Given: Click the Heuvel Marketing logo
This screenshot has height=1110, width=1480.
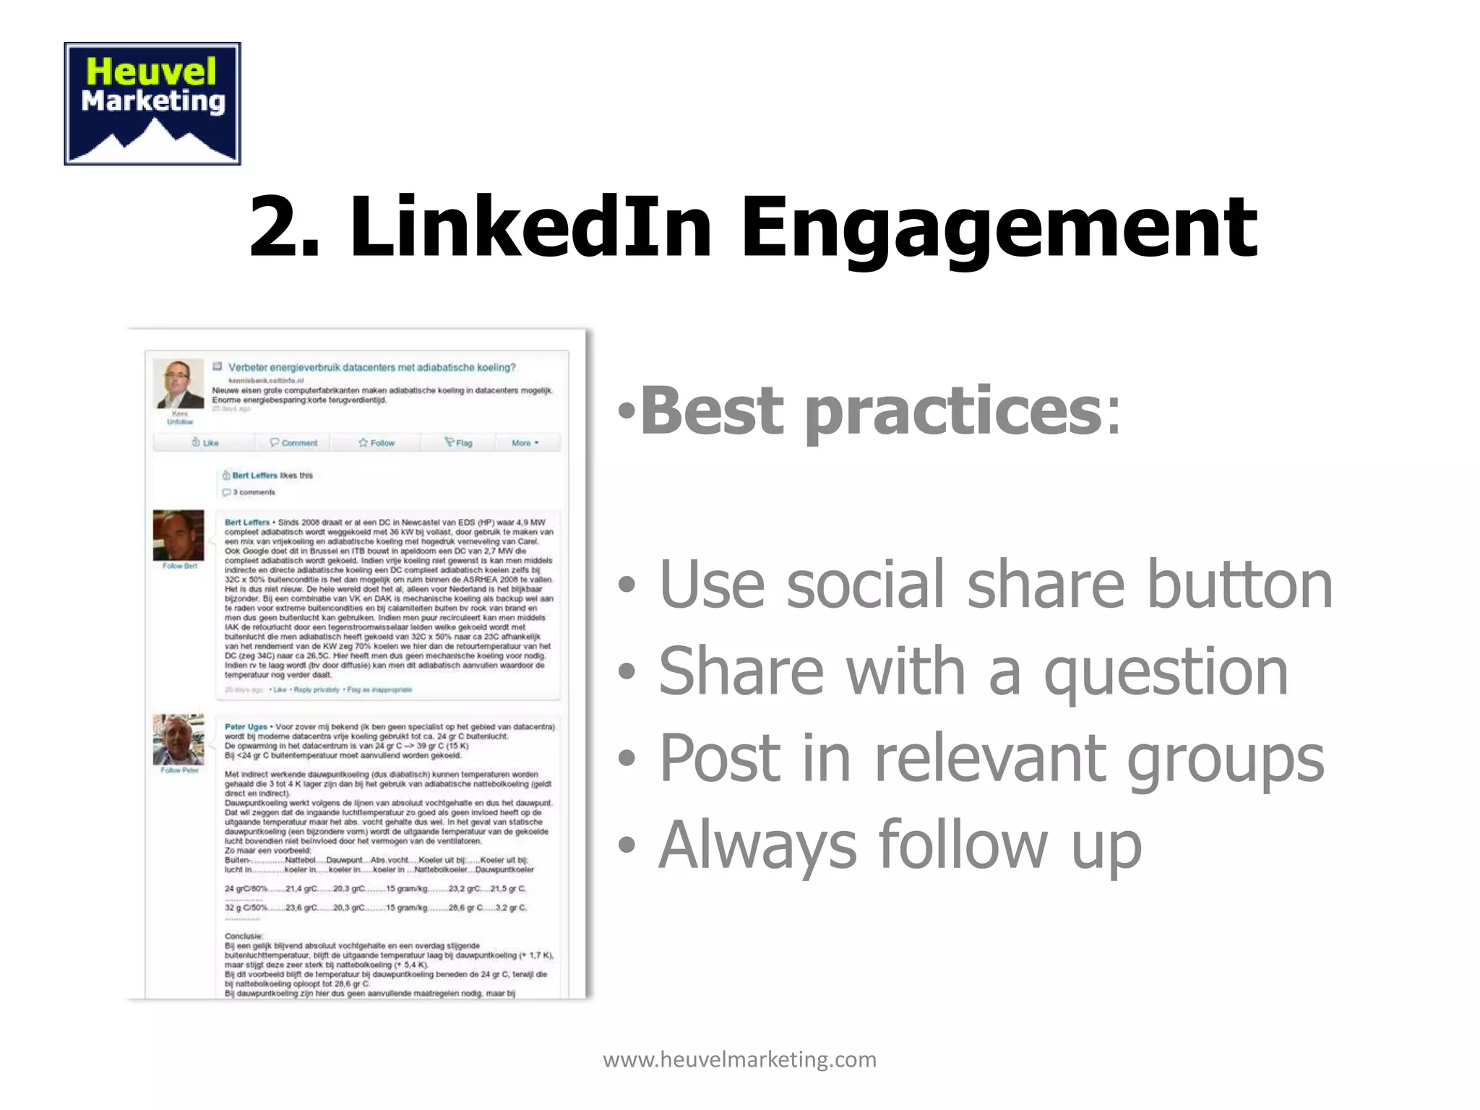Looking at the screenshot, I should point(152,103).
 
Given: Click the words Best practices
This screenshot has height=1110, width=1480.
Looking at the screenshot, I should point(871,410).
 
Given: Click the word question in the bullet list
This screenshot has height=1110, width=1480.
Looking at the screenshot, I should point(1166,672).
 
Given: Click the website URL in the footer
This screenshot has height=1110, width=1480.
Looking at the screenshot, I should point(739,1059).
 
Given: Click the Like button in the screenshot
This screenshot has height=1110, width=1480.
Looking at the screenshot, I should point(205,442).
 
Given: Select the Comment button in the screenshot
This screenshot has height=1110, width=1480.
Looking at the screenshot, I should point(293,442).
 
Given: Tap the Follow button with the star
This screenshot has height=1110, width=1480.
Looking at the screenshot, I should point(377,442).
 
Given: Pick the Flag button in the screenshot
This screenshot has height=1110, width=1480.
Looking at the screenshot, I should point(459,442).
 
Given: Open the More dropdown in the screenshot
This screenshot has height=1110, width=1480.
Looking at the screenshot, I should point(525,442).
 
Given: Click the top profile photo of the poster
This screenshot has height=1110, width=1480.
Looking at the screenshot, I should point(179,384).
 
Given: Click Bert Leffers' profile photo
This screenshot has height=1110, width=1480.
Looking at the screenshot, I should point(178,535).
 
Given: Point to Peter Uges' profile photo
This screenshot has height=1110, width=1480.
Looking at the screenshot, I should point(178,740).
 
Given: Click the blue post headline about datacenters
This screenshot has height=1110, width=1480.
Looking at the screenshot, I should point(372,367).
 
